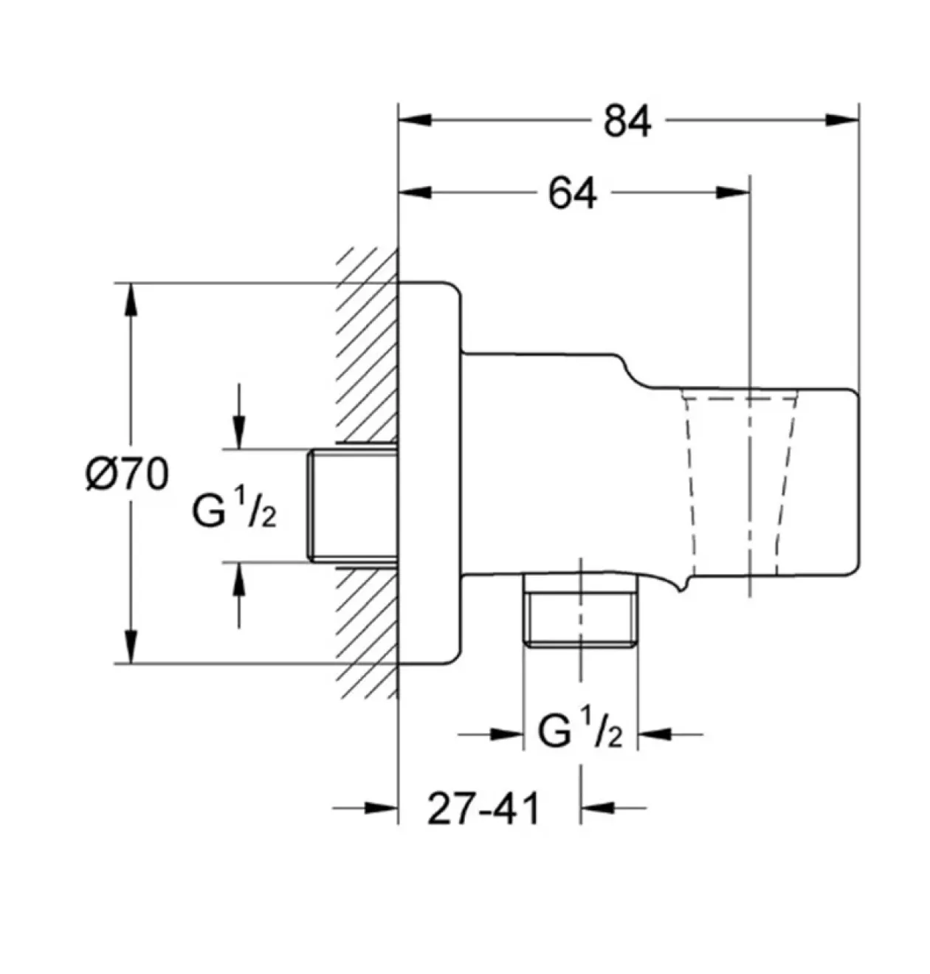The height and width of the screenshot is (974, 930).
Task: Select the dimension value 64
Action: click(573, 194)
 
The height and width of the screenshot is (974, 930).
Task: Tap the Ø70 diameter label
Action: click(128, 474)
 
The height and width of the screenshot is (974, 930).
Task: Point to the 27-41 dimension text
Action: click(483, 809)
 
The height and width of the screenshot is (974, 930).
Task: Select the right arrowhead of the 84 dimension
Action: click(842, 120)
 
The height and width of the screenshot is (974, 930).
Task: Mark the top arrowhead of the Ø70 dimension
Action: click(131, 300)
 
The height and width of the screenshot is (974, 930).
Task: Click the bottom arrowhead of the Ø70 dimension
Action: click(131, 646)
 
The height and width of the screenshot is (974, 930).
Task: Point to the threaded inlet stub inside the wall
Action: click(353, 505)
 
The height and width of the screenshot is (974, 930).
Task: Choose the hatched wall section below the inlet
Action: click(368, 633)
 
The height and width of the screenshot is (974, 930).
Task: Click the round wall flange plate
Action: click(430, 473)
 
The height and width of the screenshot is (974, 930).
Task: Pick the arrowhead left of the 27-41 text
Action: click(381, 808)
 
